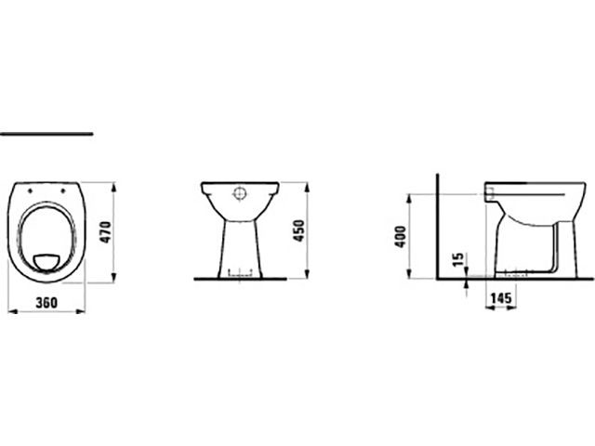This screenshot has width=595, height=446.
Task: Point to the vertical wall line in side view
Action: click(437, 232)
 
